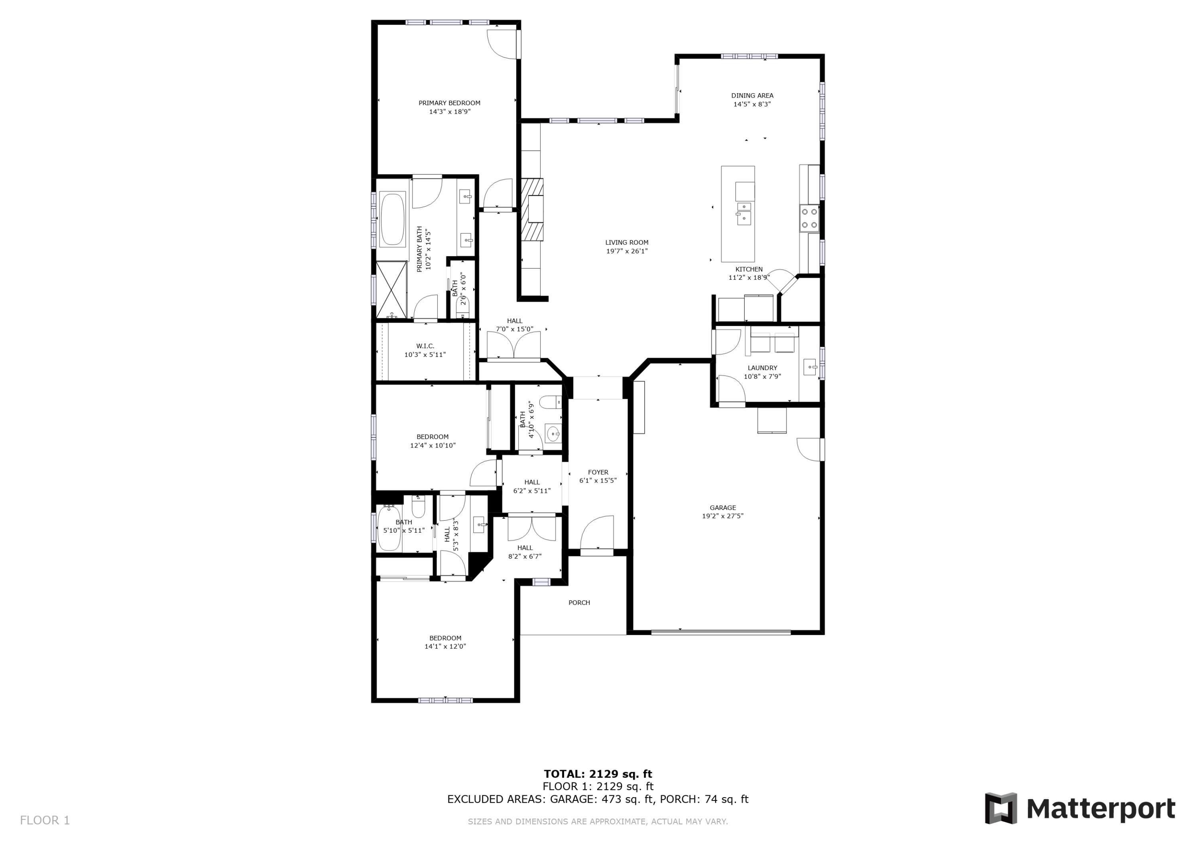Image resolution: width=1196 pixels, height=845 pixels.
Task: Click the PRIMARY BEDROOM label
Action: tap(449, 103)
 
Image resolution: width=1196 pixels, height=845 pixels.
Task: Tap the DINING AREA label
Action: tap(751, 95)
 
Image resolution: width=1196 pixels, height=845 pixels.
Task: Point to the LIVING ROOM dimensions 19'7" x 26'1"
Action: tap(627, 251)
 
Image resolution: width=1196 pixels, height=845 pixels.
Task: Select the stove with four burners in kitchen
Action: tap(809, 218)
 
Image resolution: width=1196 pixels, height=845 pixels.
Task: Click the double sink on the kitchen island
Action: tap(744, 214)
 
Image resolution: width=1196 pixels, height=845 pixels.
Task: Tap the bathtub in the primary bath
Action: tap(392, 219)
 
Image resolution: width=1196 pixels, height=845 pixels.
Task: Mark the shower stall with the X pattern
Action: tap(391, 290)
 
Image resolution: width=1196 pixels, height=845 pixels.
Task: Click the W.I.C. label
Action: tap(425, 346)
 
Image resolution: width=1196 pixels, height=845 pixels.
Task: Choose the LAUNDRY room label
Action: tap(762, 368)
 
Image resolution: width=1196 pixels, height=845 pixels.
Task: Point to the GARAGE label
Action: tap(722, 508)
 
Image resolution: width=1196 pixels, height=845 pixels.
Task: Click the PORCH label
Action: tap(579, 602)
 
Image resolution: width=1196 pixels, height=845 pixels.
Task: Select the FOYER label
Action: tap(598, 472)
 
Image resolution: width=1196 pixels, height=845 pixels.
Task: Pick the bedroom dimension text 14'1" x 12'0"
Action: tap(445, 647)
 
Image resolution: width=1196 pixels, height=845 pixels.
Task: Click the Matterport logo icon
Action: tap(1000, 809)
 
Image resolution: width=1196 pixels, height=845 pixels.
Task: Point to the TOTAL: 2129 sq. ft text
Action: tap(598, 774)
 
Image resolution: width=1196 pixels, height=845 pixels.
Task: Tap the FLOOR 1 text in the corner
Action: tap(45, 821)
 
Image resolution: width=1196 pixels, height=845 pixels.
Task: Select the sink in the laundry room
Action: tap(809, 367)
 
